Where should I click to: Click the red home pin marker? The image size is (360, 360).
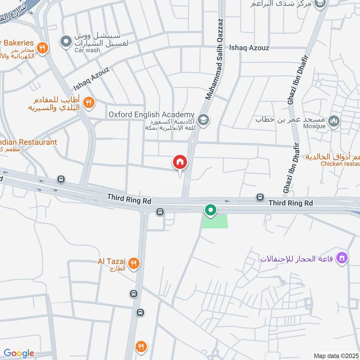tap(180, 162)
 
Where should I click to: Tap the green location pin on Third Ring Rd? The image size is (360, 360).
tap(210, 210)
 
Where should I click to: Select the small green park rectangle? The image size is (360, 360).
tap(215, 221)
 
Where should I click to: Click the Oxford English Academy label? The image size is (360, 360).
tap(151, 115)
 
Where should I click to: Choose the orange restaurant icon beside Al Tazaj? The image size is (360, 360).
tap(133, 264)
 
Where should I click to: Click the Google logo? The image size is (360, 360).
tap(19, 353)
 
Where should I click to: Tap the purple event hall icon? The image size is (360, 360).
tap(342, 258)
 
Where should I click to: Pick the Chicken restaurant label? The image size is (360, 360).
tap(340, 164)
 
